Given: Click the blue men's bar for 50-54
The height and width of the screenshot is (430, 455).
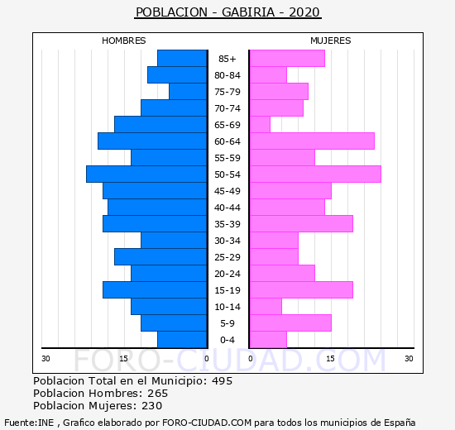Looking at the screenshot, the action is point(146,174).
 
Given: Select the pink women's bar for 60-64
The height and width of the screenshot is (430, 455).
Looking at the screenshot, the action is point(312,141).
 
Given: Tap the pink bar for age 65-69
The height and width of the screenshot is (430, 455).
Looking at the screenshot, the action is point(260,125).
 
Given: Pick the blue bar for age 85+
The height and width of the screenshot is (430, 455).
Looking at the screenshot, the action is point(182,59).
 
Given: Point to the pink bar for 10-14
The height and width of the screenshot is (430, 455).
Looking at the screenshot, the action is point(266,307).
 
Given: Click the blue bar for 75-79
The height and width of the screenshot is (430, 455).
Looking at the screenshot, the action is point(188,92).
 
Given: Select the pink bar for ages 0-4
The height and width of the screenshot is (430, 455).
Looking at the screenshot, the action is point(268,340).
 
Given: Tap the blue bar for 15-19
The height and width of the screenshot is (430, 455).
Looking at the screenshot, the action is point(155,290).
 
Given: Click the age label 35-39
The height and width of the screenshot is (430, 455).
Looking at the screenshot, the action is point(227,224).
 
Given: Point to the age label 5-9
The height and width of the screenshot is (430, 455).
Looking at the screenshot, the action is point(227,323).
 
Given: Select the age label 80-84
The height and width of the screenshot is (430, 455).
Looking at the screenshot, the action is point(227,75).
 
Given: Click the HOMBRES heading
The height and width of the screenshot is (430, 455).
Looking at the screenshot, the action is point(124,41).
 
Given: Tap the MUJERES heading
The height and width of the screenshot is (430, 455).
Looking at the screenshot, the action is point(331,41).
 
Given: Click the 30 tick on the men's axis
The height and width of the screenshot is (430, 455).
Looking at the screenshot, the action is point(45,359).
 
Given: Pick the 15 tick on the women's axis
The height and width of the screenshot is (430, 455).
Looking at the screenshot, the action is point(331,359).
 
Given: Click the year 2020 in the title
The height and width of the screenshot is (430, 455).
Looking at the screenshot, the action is point(304,12).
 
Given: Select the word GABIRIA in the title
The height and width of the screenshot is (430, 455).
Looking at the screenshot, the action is point(248,12).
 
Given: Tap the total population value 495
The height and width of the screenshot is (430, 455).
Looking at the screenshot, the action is point(222,380).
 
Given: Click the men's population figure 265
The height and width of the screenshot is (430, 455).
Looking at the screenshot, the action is point(157,393).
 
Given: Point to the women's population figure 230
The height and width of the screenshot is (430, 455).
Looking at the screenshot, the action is point(151,406).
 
